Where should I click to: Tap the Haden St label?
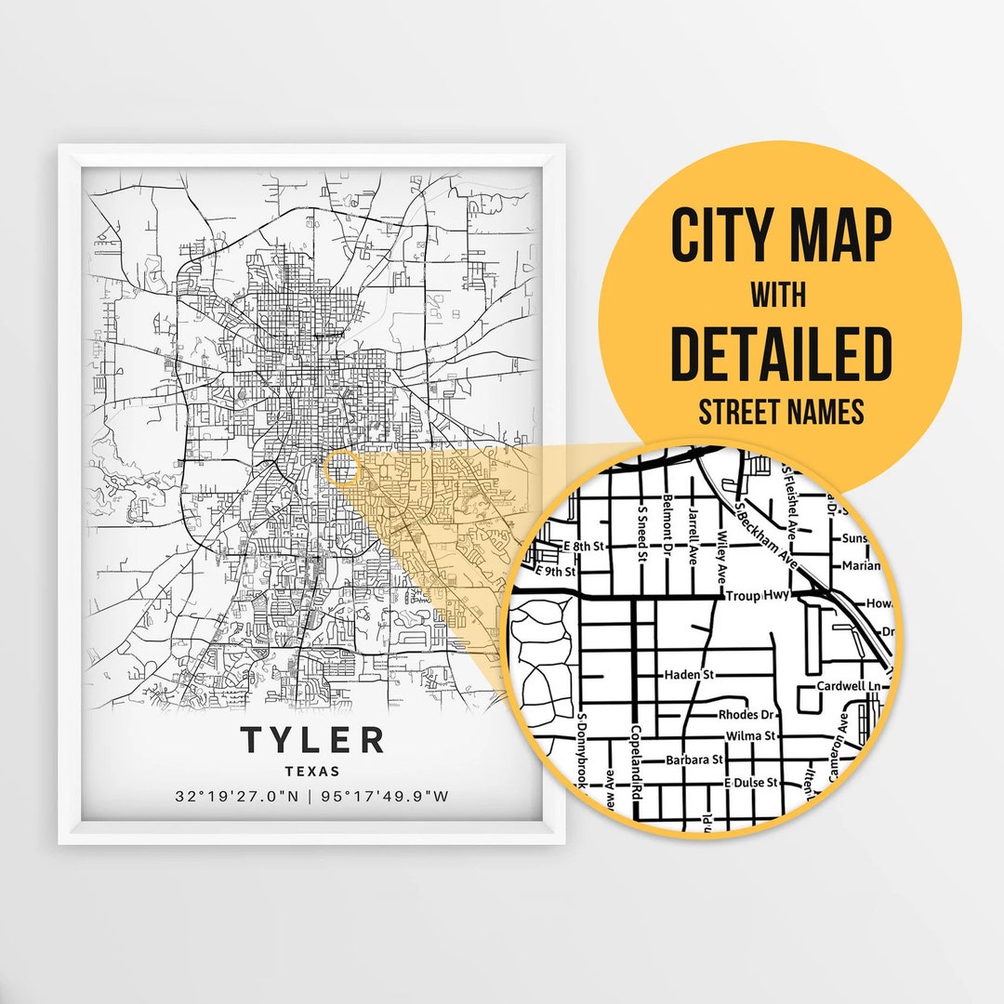[x=688, y=675]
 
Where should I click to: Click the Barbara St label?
[x=694, y=760]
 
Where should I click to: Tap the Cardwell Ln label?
[x=847, y=686]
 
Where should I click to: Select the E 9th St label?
[x=558, y=572]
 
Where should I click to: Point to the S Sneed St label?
[x=641, y=535]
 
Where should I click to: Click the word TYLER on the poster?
[x=312, y=741]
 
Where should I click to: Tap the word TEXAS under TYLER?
[x=312, y=771]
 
